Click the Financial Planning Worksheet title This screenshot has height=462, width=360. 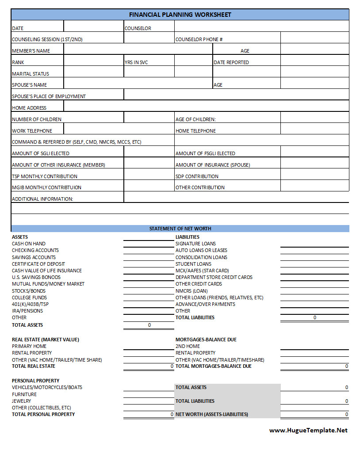180,15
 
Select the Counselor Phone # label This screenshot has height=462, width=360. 199,39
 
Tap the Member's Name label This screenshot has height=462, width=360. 31,51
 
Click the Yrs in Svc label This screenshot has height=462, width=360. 136,62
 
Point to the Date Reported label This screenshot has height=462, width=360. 231,62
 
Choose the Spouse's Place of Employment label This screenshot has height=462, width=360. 49,96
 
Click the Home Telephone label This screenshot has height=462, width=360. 195,131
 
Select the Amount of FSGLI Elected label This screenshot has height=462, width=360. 205,153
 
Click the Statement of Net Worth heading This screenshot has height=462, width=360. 180,229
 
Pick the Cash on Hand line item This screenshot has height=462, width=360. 29,244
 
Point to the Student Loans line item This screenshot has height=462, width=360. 193,264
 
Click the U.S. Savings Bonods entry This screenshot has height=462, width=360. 36,277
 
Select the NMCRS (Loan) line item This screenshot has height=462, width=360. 191,291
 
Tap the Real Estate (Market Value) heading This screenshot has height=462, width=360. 46,340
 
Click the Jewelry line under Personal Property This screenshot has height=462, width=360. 22,401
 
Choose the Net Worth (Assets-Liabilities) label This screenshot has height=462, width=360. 212,414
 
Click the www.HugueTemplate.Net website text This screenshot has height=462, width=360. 308,430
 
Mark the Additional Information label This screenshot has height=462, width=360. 42,199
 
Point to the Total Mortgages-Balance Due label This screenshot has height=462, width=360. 214,366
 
